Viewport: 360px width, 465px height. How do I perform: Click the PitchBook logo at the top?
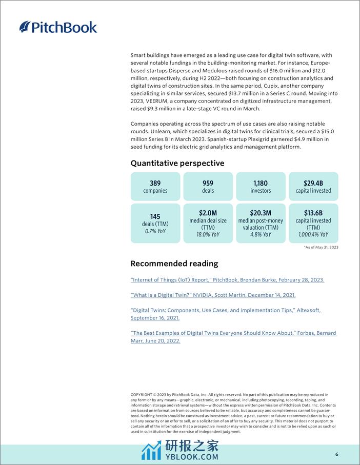(x=58, y=27)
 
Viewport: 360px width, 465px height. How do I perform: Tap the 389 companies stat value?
(x=155, y=183)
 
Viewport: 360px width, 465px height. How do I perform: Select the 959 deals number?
(x=208, y=183)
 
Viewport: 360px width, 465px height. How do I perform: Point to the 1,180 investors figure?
(x=261, y=183)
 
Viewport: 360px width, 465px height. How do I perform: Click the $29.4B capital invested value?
(x=313, y=183)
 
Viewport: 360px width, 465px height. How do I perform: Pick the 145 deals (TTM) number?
(x=155, y=217)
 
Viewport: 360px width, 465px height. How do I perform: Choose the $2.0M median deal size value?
(x=208, y=213)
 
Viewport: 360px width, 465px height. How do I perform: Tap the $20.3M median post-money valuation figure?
(x=261, y=213)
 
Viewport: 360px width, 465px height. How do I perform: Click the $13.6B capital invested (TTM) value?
(x=313, y=213)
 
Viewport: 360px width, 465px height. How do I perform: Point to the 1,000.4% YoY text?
(x=313, y=235)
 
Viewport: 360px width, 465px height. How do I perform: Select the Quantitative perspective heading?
(x=177, y=163)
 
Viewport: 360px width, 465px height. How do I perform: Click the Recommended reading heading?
(x=174, y=264)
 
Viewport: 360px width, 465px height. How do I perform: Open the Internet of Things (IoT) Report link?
(x=227, y=280)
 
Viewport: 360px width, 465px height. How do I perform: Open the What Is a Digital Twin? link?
(x=213, y=295)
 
